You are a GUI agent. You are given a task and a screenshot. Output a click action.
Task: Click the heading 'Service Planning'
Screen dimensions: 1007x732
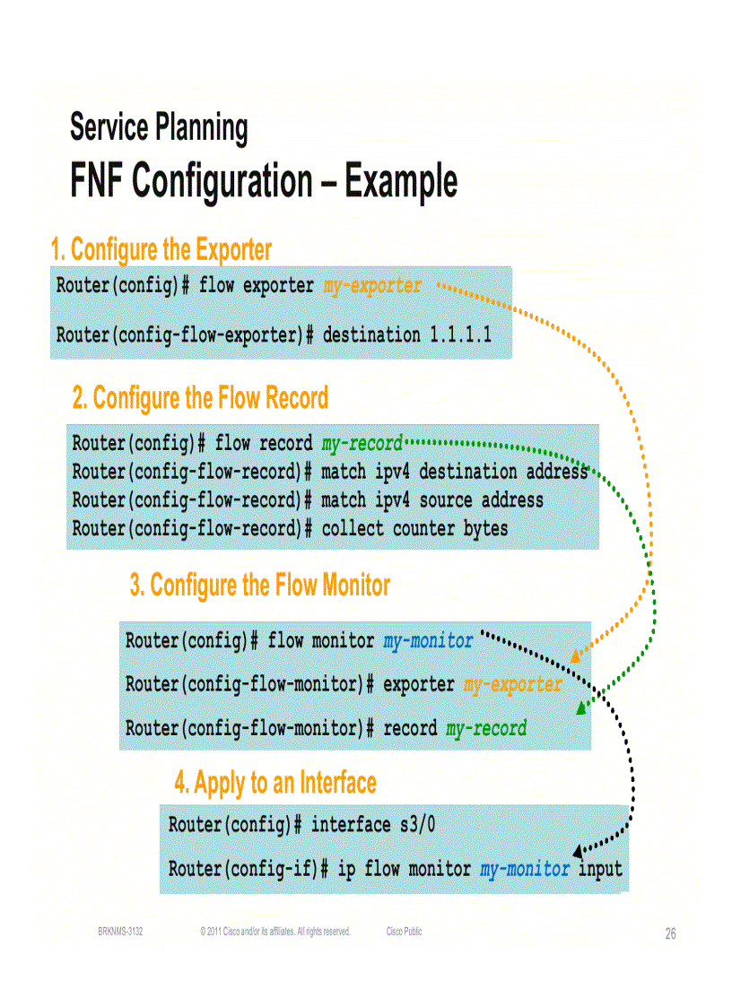(159, 128)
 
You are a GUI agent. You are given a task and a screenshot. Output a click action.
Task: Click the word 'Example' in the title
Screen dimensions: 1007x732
(400, 182)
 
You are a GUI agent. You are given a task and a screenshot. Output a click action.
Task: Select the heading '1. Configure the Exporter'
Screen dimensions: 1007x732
(161, 248)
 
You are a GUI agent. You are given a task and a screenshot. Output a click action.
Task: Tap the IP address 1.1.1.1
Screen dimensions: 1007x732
(460, 335)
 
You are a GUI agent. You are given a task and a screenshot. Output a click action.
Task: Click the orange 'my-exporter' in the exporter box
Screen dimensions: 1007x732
(371, 286)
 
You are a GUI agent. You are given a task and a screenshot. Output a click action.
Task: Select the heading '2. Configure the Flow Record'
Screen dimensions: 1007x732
(200, 397)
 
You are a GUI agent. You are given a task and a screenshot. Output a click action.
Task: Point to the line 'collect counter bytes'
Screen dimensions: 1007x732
(414, 529)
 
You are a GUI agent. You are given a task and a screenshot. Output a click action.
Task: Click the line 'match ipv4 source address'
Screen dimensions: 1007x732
(432, 499)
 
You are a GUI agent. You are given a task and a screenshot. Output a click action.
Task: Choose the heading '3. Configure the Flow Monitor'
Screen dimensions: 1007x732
(260, 586)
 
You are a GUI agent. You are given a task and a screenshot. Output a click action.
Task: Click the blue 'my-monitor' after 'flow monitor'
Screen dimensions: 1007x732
(428, 641)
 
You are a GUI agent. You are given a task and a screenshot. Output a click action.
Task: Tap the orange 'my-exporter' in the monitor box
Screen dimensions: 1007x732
(513, 685)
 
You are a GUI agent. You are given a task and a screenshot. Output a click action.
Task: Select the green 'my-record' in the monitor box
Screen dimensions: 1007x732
(486, 728)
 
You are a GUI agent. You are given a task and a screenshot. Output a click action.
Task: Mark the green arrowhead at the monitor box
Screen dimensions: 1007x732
(581, 708)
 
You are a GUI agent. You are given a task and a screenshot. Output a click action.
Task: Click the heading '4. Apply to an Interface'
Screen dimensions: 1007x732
(275, 783)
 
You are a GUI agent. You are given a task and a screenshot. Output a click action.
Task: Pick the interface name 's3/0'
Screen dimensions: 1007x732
(417, 825)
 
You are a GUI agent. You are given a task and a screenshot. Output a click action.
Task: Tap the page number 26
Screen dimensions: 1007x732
(670, 934)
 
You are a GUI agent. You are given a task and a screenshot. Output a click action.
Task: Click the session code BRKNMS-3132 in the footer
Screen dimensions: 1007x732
(120, 932)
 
